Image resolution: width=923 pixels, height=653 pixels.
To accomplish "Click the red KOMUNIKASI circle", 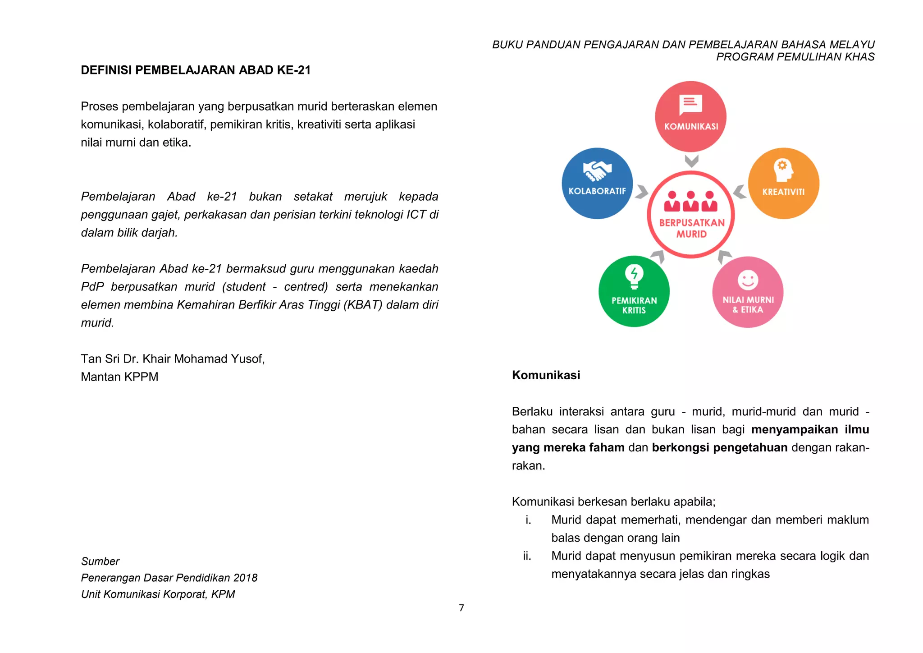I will [x=690, y=116].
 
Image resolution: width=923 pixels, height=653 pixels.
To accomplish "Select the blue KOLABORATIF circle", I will [x=597, y=184].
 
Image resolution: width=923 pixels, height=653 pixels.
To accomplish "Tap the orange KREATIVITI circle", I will [x=783, y=184].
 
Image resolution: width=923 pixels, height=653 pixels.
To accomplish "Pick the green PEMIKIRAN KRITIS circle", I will [x=634, y=291].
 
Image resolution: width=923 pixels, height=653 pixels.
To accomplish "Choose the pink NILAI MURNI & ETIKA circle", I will [x=748, y=292].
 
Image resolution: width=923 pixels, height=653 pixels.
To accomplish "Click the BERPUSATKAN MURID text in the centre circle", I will [x=691, y=228].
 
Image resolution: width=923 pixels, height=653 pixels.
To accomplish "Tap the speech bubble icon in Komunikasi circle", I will [x=690, y=105].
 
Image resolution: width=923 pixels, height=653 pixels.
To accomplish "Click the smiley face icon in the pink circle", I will [x=748, y=280].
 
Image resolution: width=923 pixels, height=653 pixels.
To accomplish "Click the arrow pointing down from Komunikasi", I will [x=691, y=161].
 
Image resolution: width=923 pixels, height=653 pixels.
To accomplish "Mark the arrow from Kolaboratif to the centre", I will [x=641, y=192].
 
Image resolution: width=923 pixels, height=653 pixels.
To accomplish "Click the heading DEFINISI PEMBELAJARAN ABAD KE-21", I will [x=196, y=70].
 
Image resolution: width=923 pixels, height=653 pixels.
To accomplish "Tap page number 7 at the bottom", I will [x=461, y=608].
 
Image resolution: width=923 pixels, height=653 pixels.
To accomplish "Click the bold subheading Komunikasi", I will [x=546, y=375].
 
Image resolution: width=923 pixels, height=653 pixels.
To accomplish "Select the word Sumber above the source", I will [x=100, y=561].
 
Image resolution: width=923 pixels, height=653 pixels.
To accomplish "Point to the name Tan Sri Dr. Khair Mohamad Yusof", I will [x=173, y=359].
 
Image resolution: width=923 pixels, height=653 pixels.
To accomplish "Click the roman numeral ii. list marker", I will [x=527, y=556].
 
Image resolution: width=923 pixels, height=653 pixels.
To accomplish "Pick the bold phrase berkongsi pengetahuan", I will [x=719, y=447].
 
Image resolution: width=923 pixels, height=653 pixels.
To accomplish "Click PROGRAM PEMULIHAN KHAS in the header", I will [x=795, y=57].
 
